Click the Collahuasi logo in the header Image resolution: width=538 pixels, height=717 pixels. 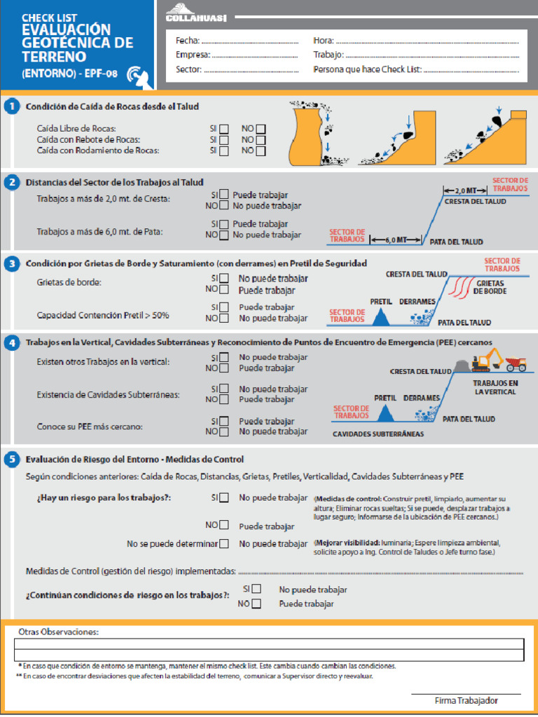[196, 13]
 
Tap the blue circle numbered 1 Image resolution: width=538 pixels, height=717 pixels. [11, 106]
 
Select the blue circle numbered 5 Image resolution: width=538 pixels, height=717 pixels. [11, 459]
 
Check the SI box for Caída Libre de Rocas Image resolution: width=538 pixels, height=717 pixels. [223, 129]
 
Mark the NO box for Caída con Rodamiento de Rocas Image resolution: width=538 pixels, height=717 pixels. [261, 151]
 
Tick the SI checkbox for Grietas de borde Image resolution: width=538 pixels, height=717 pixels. [224, 278]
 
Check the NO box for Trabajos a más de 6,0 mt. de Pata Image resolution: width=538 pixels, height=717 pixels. [224, 235]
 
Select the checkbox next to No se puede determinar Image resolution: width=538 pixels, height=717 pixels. [224, 543]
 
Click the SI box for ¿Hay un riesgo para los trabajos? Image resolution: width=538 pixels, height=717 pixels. [224, 498]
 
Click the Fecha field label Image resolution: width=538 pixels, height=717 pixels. [188, 41]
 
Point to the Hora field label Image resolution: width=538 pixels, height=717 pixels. [324, 41]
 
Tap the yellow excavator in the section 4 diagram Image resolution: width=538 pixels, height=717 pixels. [485, 361]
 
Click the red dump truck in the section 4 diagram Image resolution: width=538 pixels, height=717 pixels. [516, 363]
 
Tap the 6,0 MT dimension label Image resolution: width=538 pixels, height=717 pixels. [396, 239]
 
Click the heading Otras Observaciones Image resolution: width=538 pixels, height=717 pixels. [58, 632]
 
